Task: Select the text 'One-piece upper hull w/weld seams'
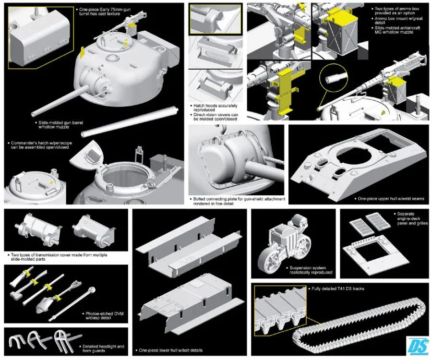[x=390, y=198]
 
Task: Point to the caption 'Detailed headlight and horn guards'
[x=104, y=348]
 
